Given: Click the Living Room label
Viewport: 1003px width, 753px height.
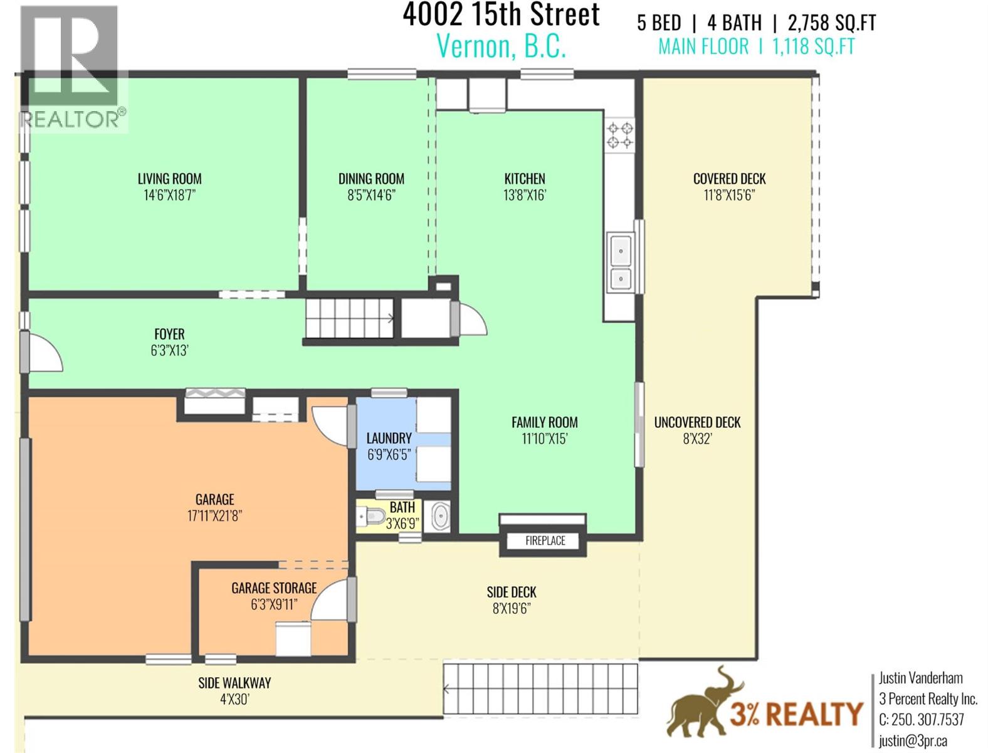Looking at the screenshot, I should point(169,179).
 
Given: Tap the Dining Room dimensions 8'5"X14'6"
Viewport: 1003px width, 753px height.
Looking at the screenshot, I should point(371,195).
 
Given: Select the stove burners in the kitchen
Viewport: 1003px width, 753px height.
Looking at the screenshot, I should point(619,136).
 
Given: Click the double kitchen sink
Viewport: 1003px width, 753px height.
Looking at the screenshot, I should point(621,263).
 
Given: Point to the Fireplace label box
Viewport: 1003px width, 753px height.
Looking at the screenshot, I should point(545,541).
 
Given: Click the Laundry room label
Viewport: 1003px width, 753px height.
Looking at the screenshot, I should point(389,438).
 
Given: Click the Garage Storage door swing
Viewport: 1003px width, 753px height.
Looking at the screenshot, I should point(330,601).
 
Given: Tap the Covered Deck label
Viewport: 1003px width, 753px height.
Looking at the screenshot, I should point(729,179).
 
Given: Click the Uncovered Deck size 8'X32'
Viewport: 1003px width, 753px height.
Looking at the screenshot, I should point(697,439).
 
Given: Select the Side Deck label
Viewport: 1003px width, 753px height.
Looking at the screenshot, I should point(512,592).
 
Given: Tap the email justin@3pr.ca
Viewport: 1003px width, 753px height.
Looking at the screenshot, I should point(912,740).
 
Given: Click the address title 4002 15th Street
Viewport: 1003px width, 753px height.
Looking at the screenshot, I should point(501,15).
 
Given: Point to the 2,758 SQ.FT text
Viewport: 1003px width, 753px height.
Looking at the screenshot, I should point(831,23).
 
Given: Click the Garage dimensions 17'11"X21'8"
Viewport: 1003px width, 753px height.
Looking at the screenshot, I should point(214,516).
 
